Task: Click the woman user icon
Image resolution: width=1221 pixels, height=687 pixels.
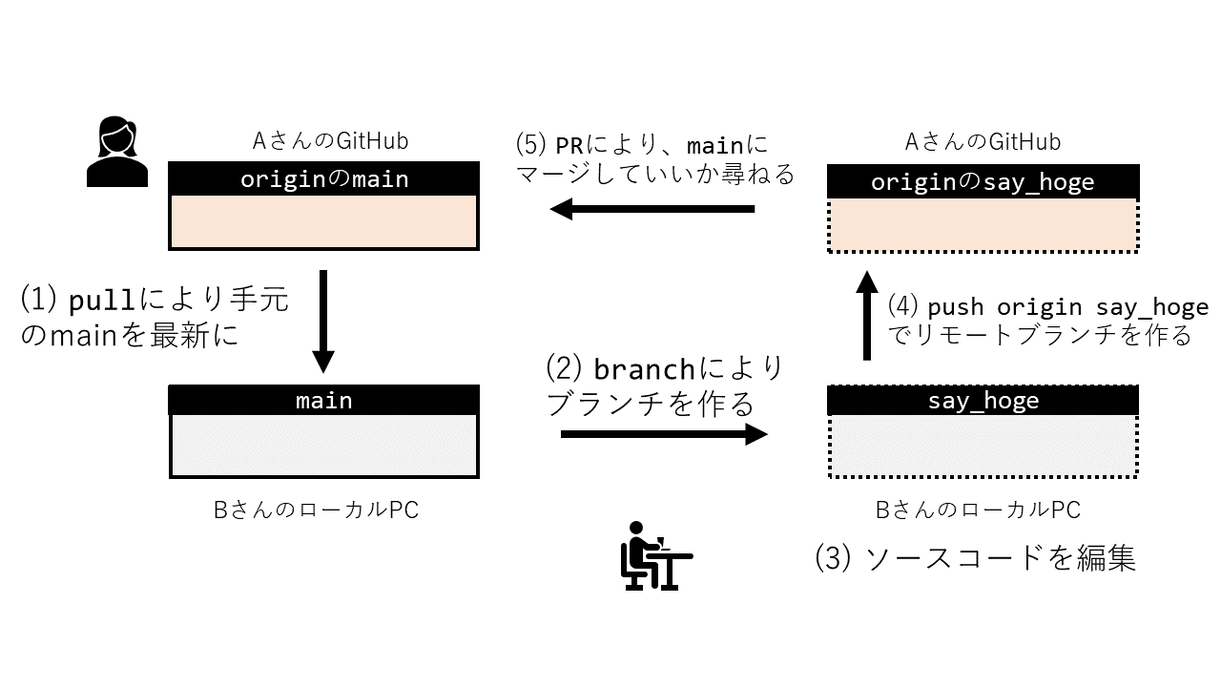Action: pos(117,152)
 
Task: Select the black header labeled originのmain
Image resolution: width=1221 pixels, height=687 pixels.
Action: pos(323,178)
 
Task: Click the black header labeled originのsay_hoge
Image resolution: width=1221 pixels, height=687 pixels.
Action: pos(983,181)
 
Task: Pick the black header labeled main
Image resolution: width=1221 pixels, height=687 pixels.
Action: pos(323,400)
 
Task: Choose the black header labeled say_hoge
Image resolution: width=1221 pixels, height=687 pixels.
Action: pos(983,400)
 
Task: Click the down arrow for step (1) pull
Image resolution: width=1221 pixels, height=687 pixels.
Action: pos(323,321)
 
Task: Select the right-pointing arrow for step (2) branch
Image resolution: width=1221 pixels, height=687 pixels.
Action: pos(664,435)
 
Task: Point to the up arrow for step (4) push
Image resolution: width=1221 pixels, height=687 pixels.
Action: pos(866,315)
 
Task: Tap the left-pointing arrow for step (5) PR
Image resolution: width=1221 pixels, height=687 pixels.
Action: pos(652,208)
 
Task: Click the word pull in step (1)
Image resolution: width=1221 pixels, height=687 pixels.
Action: pos(103,302)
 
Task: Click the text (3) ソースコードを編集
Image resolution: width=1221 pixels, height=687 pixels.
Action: pos(975,558)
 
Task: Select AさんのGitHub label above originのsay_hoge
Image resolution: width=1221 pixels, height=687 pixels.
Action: pos(983,142)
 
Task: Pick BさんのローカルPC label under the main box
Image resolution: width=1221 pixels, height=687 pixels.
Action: pos(316,510)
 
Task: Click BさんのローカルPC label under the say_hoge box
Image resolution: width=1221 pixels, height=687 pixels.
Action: pos(978,510)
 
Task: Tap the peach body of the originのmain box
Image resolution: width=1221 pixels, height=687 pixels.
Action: pos(323,221)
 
